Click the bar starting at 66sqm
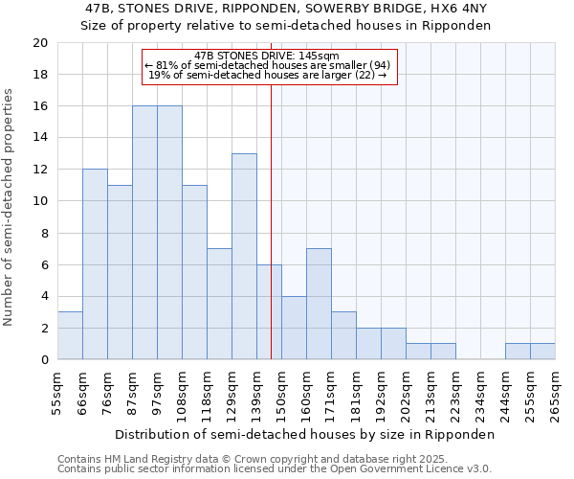coord(95,264)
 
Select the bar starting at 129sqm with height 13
coord(244,257)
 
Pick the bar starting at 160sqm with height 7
coord(319,304)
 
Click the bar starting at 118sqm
coord(219,304)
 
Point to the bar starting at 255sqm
coord(542,352)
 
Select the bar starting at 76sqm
coord(120,272)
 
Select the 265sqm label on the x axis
coord(555,392)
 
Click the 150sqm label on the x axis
coord(281,392)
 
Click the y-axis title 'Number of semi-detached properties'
coord(9,207)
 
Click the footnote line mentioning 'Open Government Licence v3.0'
coord(274,468)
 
